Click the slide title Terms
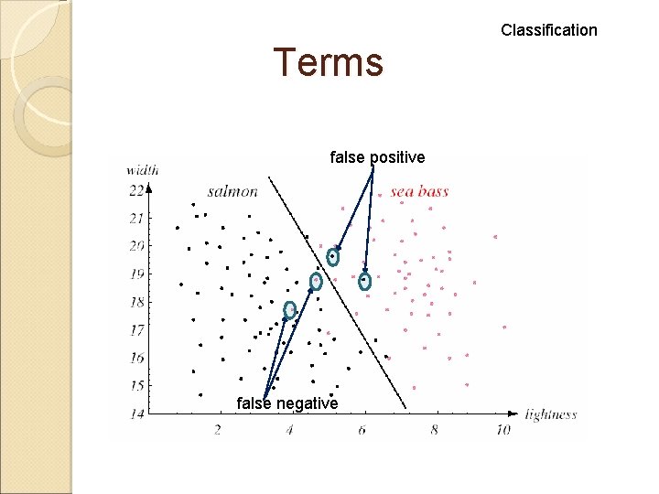pyautogui.click(x=328, y=63)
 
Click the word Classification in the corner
pyautogui.click(x=548, y=30)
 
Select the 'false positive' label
pyautogui.click(x=377, y=157)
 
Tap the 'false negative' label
pyautogui.click(x=286, y=403)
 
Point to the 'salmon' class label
pyautogui.click(x=232, y=191)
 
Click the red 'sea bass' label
pyautogui.click(x=419, y=191)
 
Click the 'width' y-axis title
pyautogui.click(x=142, y=169)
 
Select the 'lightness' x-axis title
pyautogui.click(x=551, y=414)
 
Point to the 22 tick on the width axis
pyautogui.click(x=136, y=190)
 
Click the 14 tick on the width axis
pyautogui.click(x=136, y=414)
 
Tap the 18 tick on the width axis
pyautogui.click(x=136, y=302)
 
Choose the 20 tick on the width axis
pyautogui.click(x=136, y=246)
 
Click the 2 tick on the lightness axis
pyautogui.click(x=218, y=429)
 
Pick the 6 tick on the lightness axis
pyautogui.click(x=363, y=429)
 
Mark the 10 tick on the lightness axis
pyautogui.click(x=502, y=429)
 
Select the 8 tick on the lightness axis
pyautogui.click(x=435, y=429)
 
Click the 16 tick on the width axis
pyautogui.click(x=136, y=358)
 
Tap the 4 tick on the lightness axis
pyautogui.click(x=290, y=429)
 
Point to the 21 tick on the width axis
pyautogui.click(x=136, y=219)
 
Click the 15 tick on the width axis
pyautogui.click(x=136, y=385)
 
